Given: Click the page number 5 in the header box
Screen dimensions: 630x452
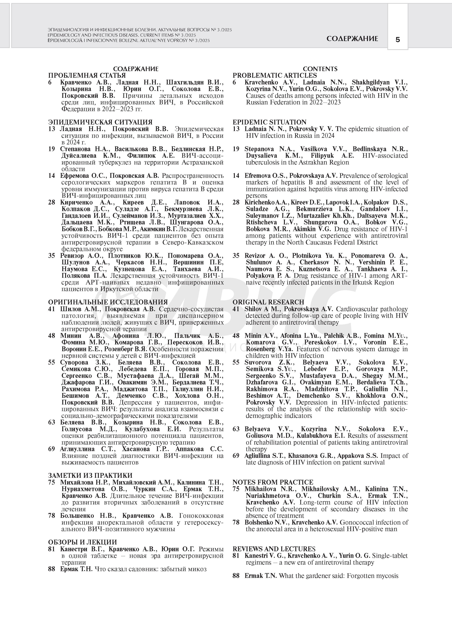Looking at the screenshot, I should pyautogui.click(x=398, y=40).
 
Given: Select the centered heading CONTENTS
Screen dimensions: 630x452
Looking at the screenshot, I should pyautogui.click(x=320, y=69).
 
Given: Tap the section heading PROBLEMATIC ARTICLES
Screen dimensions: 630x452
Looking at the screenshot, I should pyautogui.click(x=275, y=76).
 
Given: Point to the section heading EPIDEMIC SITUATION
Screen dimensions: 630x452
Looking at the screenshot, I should pyautogui.click(x=269, y=122).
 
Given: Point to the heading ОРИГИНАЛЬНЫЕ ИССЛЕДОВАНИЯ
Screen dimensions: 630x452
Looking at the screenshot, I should pyautogui.click(x=108, y=302).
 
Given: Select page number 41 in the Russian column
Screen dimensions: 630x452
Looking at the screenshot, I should pyautogui.click(x=51, y=309).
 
